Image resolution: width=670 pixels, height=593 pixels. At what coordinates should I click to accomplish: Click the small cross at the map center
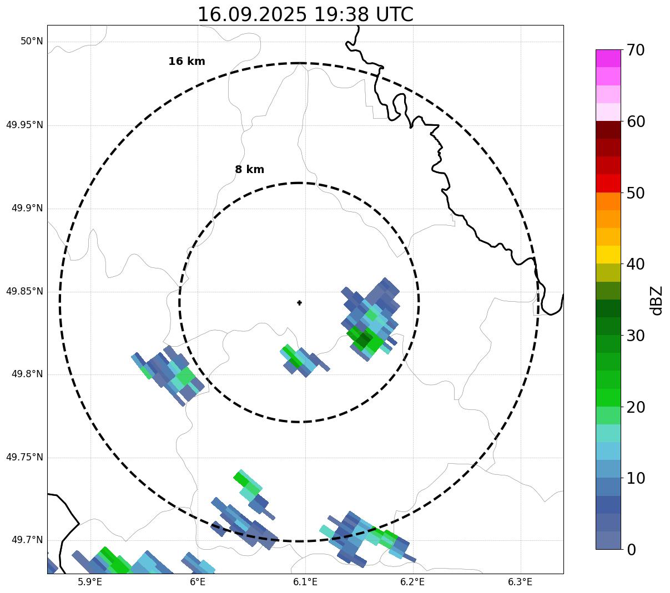(300, 302)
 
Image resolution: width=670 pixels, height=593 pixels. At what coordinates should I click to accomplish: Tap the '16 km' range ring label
(187, 62)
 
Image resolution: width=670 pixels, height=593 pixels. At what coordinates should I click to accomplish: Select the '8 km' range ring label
(249, 170)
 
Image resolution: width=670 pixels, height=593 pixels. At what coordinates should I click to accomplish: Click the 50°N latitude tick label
(32, 42)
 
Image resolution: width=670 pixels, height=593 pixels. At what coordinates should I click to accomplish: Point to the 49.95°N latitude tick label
(24, 125)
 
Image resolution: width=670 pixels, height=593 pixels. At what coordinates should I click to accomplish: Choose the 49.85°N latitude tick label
(24, 291)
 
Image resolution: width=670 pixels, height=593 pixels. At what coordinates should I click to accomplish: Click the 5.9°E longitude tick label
(90, 582)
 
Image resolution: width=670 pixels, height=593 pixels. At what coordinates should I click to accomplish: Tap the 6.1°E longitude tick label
(305, 582)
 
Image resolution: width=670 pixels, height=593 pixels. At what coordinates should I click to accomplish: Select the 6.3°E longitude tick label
(520, 582)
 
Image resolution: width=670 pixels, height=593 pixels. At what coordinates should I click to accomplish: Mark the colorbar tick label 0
(631, 550)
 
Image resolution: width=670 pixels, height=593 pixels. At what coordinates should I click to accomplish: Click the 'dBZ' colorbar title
(657, 300)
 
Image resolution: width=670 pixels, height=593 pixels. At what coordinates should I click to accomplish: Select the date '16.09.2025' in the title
(251, 14)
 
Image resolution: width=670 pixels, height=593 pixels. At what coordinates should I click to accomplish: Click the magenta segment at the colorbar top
(608, 58)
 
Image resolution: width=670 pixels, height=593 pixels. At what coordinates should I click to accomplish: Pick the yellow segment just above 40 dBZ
(608, 255)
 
